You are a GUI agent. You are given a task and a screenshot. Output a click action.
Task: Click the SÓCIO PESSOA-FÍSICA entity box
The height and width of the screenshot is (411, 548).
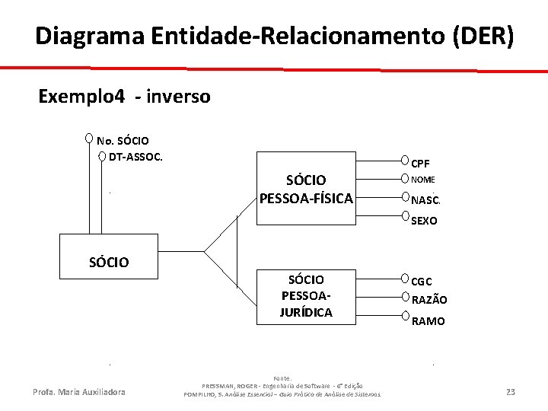pyautogui.click(x=306, y=189)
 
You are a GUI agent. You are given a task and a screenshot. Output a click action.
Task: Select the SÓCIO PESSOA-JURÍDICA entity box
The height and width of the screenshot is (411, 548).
pyautogui.click(x=306, y=295)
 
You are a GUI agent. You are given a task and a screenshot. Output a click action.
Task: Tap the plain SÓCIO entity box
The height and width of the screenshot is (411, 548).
pyautogui.click(x=108, y=263)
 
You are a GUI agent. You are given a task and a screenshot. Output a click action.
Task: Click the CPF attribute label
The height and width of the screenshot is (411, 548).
pyautogui.click(x=420, y=163)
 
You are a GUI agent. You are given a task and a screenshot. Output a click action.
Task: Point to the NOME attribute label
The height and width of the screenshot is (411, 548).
pyautogui.click(x=422, y=180)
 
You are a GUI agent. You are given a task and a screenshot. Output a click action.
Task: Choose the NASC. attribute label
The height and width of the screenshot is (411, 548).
pyautogui.click(x=425, y=201)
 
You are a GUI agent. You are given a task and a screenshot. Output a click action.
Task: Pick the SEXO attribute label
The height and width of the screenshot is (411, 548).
pyautogui.click(x=424, y=221)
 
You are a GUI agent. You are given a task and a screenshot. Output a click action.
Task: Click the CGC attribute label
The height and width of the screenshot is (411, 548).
pyautogui.click(x=422, y=282)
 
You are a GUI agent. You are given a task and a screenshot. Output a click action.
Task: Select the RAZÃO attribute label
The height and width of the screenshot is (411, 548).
pyautogui.click(x=429, y=300)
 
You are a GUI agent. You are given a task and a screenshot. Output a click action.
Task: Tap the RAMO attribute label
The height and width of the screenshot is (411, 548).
pyautogui.click(x=428, y=321)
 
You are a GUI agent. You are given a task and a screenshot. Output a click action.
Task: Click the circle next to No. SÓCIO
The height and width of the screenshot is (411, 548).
pyautogui.click(x=90, y=139)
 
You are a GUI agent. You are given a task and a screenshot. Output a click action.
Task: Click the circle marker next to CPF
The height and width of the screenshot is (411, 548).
pyautogui.click(x=405, y=161)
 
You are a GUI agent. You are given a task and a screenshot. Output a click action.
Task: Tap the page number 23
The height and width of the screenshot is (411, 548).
pyautogui.click(x=510, y=392)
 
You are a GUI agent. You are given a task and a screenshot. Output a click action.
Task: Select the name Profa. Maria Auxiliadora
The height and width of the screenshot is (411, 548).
pyautogui.click(x=79, y=392)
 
